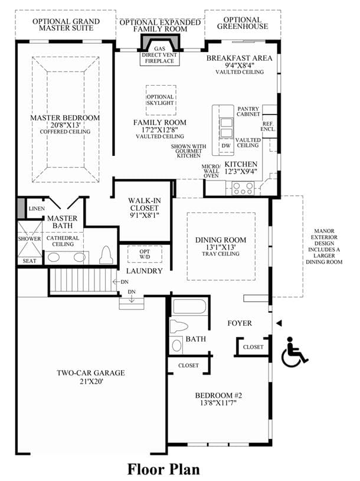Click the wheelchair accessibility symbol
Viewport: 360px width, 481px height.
click(x=294, y=352)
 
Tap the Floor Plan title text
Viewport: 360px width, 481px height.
click(x=163, y=469)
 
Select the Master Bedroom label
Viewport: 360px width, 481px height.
click(x=65, y=118)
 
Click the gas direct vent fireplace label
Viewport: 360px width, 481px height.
click(x=159, y=55)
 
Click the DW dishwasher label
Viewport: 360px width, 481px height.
click(x=226, y=146)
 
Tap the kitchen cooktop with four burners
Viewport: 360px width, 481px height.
click(x=243, y=188)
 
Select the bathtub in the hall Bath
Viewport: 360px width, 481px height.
click(x=189, y=306)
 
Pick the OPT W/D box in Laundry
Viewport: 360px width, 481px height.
click(x=145, y=254)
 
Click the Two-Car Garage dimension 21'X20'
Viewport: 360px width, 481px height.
click(x=91, y=382)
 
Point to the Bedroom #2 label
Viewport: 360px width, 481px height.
click(x=218, y=395)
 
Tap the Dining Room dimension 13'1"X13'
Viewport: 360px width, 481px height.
click(x=221, y=247)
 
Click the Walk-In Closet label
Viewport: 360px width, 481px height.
click(x=144, y=204)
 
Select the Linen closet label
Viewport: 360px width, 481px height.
click(x=37, y=208)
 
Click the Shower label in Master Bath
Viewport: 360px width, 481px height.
click(x=30, y=238)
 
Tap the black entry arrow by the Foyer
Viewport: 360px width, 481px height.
click(x=279, y=323)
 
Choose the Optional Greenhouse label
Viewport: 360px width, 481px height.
click(x=243, y=23)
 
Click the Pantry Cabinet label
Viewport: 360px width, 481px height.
click(x=248, y=112)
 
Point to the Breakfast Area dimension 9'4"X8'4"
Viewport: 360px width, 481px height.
click(x=240, y=65)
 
